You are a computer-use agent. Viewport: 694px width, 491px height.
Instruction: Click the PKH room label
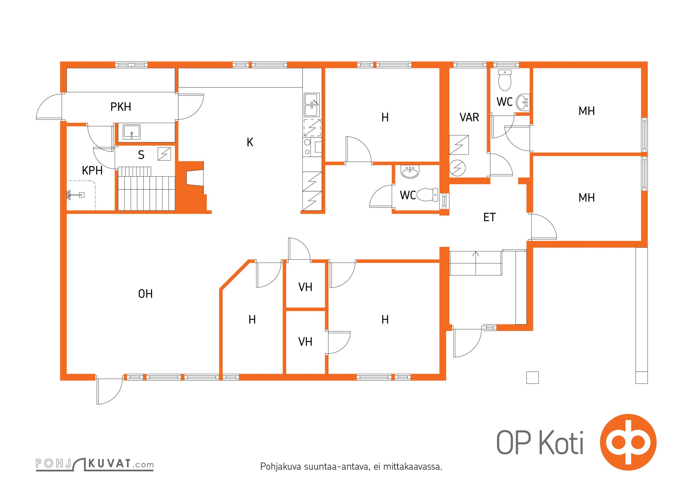coord(121,107)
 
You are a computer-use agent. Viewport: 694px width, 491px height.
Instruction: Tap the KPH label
coord(92,170)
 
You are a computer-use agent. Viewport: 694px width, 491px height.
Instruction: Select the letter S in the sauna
coord(141,155)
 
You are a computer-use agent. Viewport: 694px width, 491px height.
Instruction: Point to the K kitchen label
coord(250,142)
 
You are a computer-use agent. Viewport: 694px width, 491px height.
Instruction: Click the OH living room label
coord(145,294)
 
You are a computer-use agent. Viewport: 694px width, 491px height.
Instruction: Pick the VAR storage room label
coord(469,117)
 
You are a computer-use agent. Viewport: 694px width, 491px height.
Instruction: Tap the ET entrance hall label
coord(489,217)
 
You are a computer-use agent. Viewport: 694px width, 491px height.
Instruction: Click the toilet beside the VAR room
coord(505,80)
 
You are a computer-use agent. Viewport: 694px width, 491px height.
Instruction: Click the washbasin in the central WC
coord(410,172)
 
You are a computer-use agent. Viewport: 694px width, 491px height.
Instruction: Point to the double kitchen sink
coord(312,105)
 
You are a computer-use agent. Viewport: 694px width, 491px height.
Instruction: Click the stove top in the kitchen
coord(312,148)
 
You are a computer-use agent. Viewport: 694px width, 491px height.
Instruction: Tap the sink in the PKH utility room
coord(132,132)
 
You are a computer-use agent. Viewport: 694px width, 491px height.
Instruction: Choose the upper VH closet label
coord(305,287)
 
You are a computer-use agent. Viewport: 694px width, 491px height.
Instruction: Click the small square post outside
coord(532,377)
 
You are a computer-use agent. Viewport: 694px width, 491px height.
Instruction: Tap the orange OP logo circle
coord(628,442)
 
